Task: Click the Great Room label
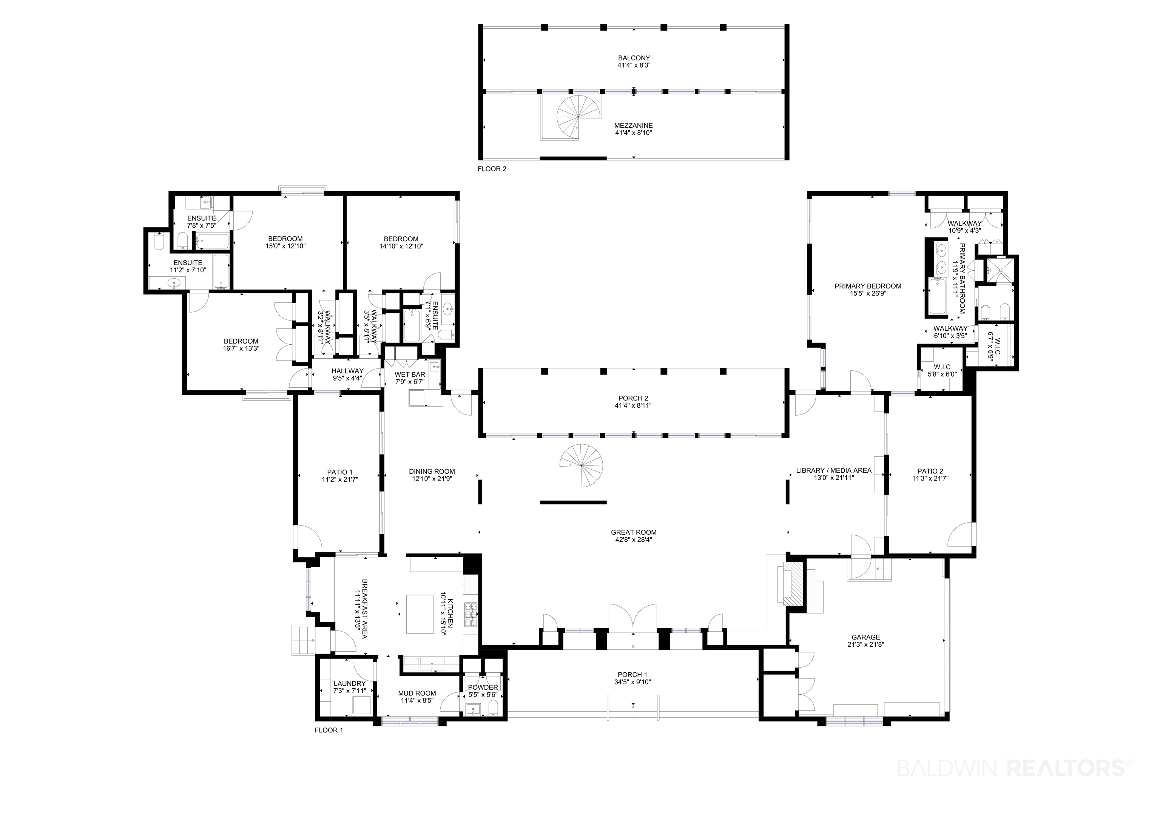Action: [x=634, y=532]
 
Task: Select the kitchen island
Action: [x=420, y=614]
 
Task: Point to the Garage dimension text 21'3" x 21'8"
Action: [x=865, y=644]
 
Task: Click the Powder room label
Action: [x=483, y=687]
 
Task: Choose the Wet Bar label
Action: [x=410, y=375]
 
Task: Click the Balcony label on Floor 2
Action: [x=634, y=58]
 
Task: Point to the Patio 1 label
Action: [x=339, y=472]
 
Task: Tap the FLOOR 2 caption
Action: [x=492, y=169]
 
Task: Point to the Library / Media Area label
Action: [x=834, y=470]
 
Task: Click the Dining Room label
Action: [x=432, y=472]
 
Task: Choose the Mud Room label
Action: [x=417, y=693]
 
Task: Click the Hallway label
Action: [x=348, y=371]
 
